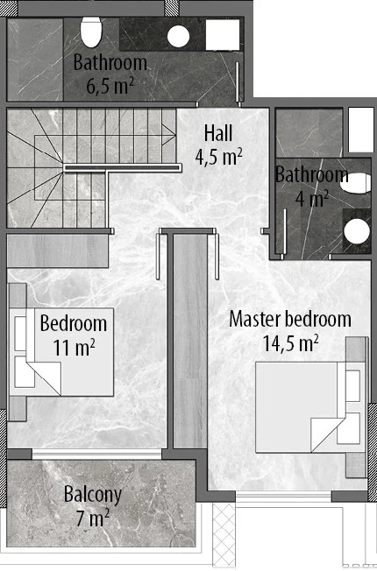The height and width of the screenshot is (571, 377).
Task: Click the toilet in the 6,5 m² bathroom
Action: (91, 32)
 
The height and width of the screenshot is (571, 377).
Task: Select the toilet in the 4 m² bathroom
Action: (356, 183)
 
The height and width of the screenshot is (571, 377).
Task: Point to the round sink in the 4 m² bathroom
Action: (357, 231)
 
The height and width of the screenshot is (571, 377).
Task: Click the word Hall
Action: (218, 133)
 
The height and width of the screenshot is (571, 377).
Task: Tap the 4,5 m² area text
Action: (219, 158)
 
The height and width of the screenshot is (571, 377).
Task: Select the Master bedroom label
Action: (290, 320)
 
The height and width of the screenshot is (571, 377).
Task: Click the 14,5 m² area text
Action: (290, 343)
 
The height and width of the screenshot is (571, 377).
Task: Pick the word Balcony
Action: (93, 496)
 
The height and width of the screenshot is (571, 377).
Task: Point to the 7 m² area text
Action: (93, 518)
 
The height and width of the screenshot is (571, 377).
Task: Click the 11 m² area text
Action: (74, 347)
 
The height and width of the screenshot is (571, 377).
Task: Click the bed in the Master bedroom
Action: (309, 407)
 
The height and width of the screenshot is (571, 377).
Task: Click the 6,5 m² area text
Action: (110, 86)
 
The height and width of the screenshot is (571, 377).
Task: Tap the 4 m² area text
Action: (312, 199)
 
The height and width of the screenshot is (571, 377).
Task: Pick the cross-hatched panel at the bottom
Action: (224, 534)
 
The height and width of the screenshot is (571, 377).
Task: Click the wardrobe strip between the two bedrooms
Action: (190, 341)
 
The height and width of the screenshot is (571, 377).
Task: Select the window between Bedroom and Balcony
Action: (96, 454)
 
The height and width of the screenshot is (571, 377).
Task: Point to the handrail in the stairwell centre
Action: (123, 167)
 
